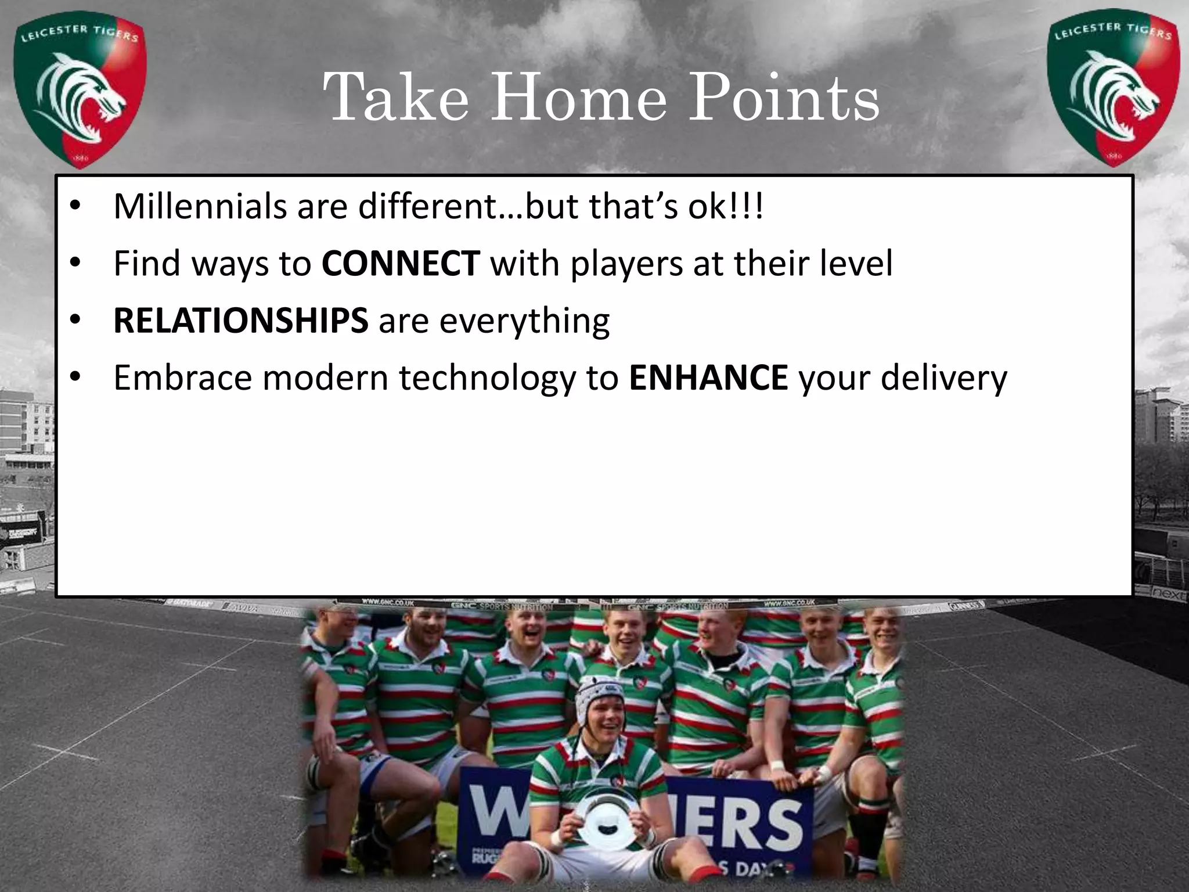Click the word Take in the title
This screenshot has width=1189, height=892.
pyautogui.click(x=395, y=98)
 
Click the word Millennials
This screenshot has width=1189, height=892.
pyautogui.click(x=200, y=206)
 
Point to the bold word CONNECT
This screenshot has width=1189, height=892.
pyautogui.click(x=401, y=264)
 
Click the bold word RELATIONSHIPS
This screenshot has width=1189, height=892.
pyautogui.click(x=240, y=321)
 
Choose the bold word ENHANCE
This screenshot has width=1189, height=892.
pyautogui.click(x=708, y=377)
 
